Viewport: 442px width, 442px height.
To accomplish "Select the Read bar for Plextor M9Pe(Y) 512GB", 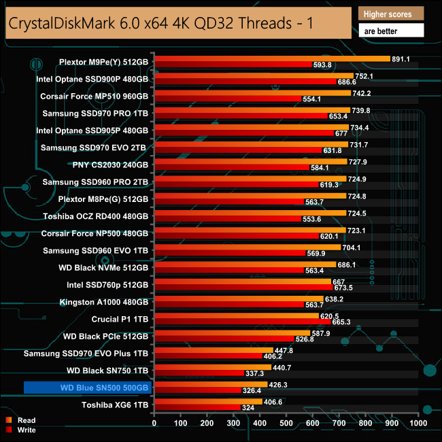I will pos(272,58).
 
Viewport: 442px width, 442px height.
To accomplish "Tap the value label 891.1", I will pos(401,58).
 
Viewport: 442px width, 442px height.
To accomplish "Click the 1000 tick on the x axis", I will pos(417,423).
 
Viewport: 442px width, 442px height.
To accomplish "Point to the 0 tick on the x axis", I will pos(155,423).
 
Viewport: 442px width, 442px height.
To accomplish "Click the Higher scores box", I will pos(390,14).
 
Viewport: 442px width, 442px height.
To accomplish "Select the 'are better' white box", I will pos(390,31).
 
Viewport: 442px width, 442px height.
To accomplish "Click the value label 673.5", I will pos(342,288).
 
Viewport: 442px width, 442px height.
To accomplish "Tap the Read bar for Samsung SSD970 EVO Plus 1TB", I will pos(214,350).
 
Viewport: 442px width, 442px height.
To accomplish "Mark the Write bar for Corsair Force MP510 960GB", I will pos(228,99).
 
